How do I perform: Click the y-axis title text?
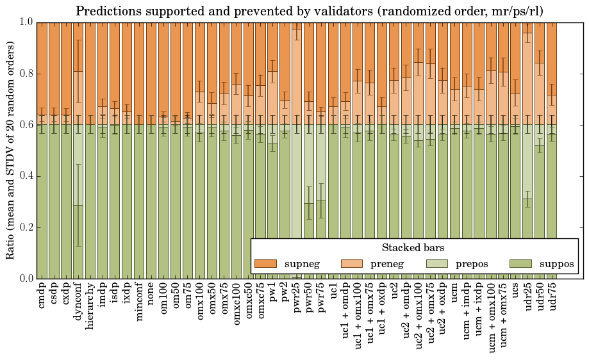coord(11,150)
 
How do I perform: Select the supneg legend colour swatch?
coord(265,263)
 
